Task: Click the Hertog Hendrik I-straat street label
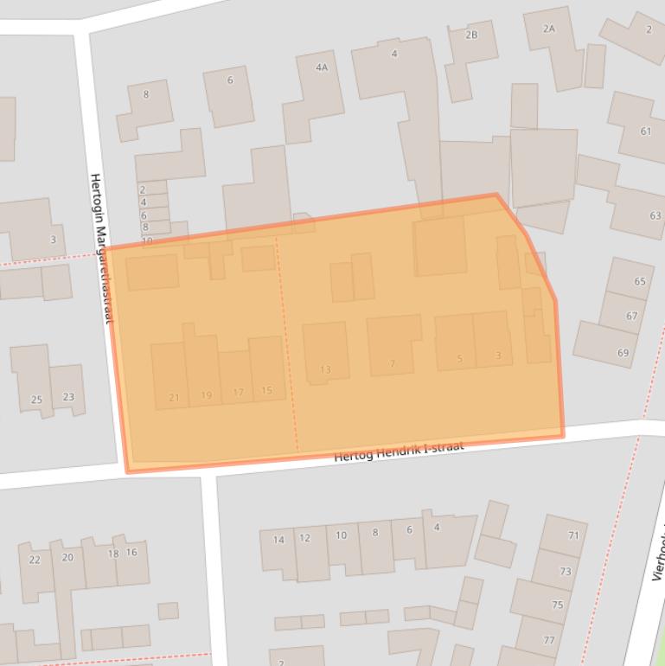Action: (399, 451)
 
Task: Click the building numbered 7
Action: (393, 345)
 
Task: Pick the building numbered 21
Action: (170, 375)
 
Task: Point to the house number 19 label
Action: (206, 395)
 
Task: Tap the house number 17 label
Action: (238, 393)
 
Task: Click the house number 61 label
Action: (645, 131)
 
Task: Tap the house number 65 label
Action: (639, 282)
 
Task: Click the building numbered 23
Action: (67, 389)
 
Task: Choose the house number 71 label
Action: (573, 535)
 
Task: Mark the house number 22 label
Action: (35, 560)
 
